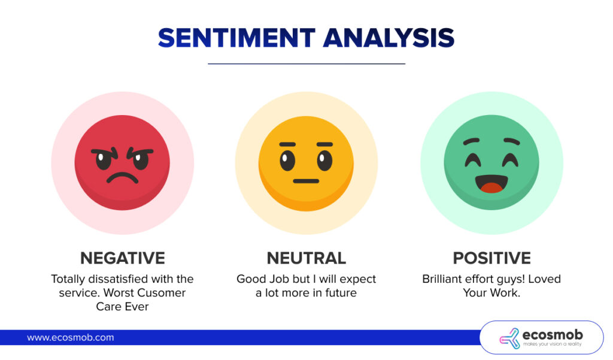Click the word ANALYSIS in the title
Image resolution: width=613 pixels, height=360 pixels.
389,38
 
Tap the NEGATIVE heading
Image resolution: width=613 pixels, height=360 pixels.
123,258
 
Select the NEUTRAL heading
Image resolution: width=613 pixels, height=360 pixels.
306,258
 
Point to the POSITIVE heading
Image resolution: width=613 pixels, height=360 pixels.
491,258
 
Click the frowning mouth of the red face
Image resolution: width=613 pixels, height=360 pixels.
123,178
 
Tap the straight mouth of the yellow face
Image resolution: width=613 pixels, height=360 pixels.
306,180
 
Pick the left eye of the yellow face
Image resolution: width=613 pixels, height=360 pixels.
288,159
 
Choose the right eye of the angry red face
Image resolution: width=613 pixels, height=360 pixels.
141,160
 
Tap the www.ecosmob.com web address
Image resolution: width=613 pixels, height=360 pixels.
70,337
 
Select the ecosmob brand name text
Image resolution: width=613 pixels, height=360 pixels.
551,334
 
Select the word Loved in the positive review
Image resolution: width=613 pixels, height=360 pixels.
542,279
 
